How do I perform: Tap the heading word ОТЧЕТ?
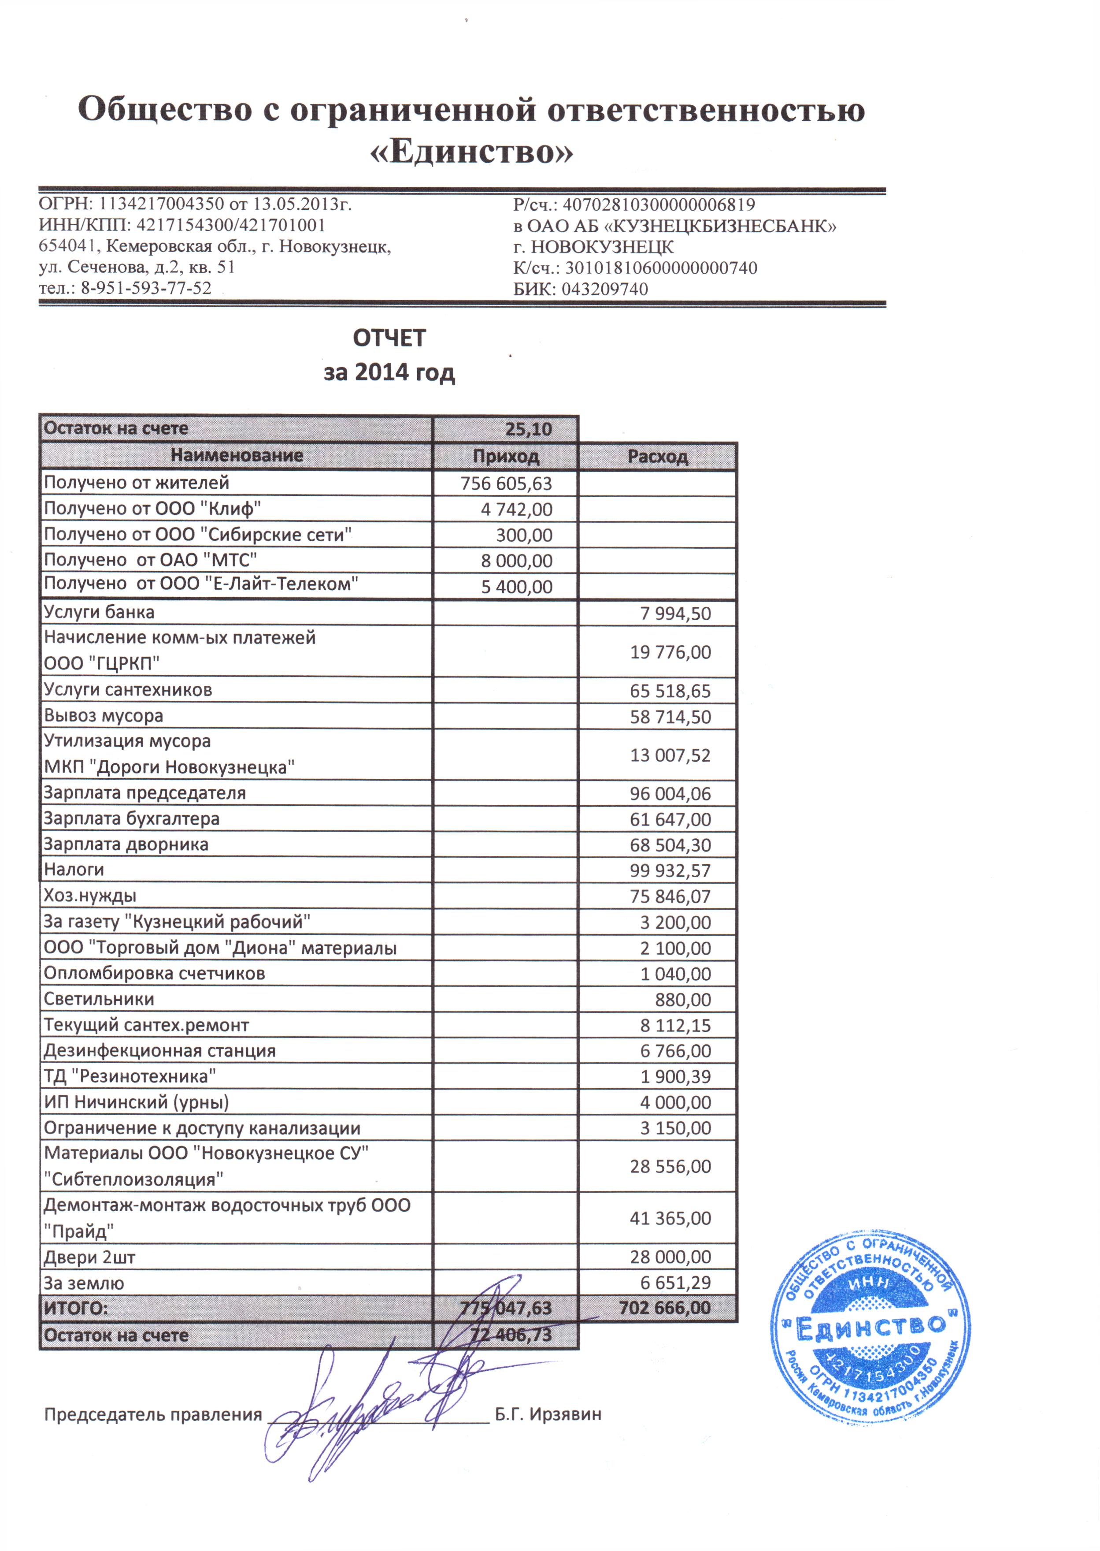tap(389, 338)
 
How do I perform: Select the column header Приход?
tap(505, 456)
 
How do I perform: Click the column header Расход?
tap(657, 456)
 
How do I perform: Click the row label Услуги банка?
tap(99, 612)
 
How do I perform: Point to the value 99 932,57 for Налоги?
tap(670, 870)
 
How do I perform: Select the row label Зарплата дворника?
tap(126, 844)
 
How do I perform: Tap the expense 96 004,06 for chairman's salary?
tap(670, 793)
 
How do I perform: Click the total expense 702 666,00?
tap(664, 1308)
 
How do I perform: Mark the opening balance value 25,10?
tap(528, 429)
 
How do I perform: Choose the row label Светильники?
tap(99, 999)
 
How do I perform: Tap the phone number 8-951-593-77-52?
tap(146, 288)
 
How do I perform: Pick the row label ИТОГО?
tap(76, 1308)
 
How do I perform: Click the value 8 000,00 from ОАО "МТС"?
tap(516, 561)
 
